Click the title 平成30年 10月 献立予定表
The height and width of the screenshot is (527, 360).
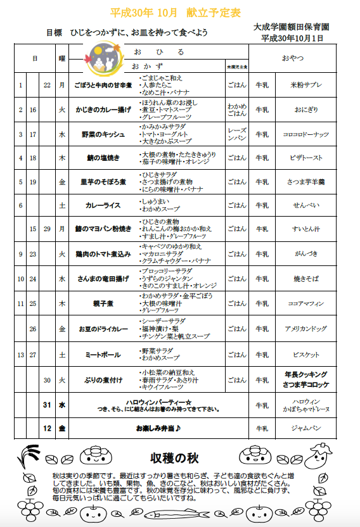point(180,12)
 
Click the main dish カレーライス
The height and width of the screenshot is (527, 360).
point(103,205)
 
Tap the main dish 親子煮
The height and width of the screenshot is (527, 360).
point(103,304)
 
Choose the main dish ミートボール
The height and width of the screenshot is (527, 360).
point(103,354)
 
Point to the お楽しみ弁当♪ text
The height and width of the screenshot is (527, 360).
point(158,428)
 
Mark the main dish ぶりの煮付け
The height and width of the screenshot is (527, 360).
point(103,380)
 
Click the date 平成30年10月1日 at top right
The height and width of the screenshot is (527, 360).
point(292,38)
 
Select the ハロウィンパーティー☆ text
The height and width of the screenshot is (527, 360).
point(158,402)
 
